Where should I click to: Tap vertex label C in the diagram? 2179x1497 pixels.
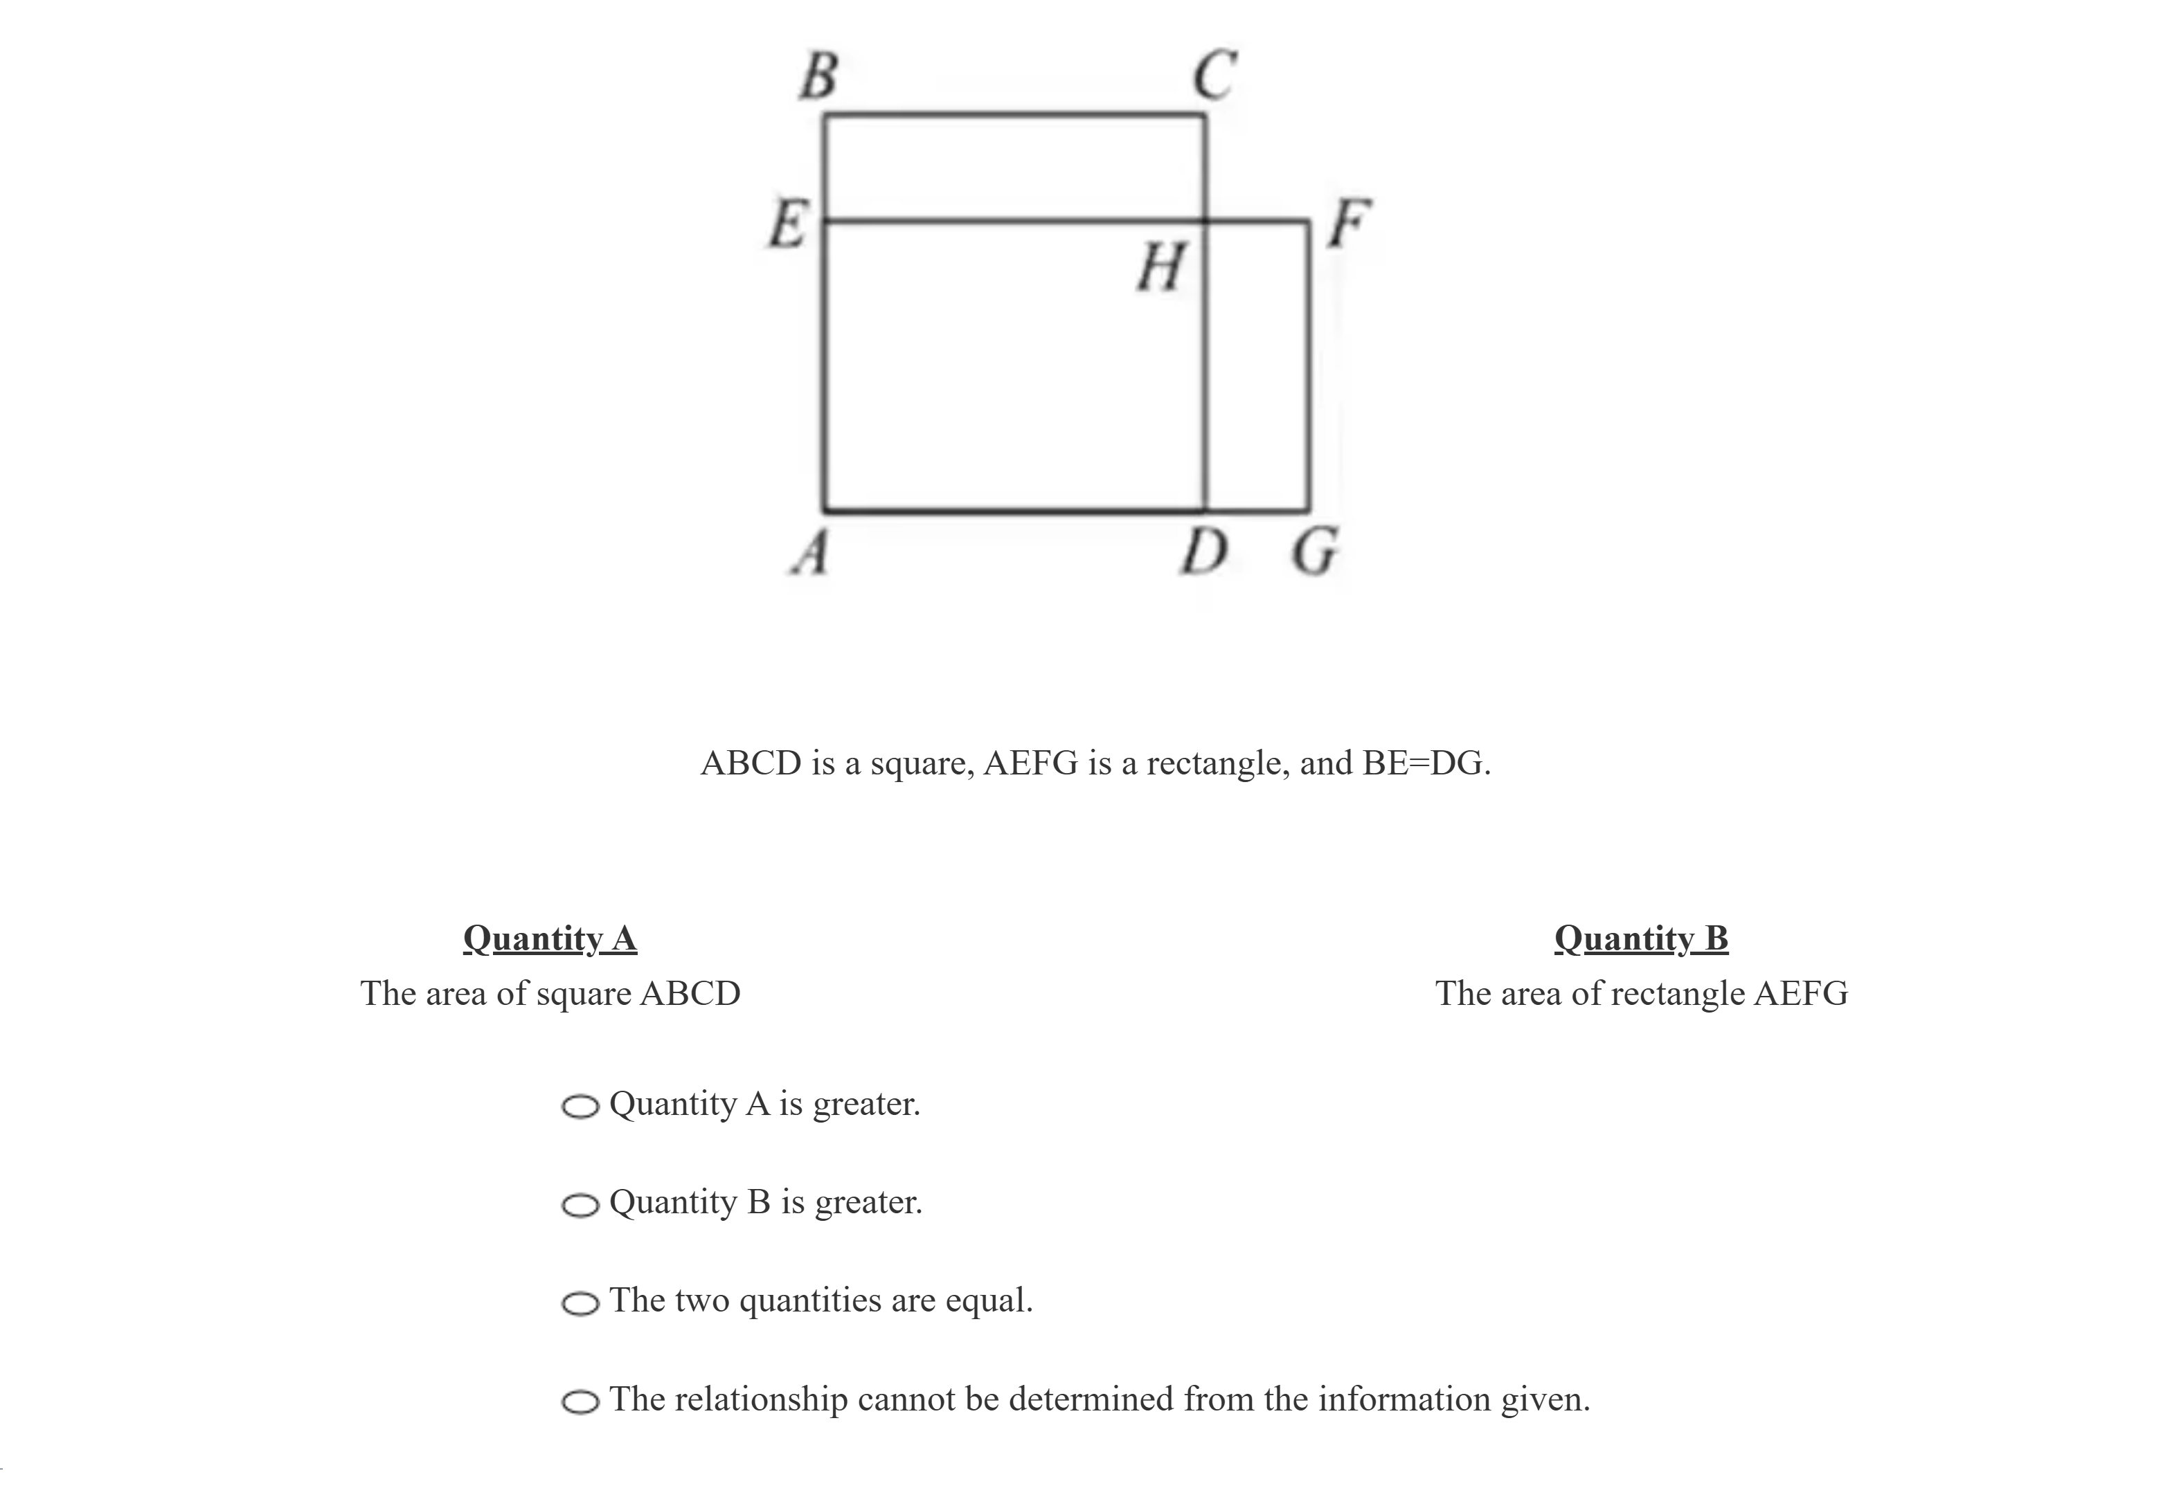click(1215, 75)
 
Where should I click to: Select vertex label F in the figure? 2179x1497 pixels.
click(1349, 224)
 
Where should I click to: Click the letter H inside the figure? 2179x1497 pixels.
click(1161, 266)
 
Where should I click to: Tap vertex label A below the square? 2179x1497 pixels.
click(811, 552)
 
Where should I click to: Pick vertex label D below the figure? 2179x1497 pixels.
click(1204, 552)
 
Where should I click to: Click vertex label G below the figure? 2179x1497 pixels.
click(1315, 552)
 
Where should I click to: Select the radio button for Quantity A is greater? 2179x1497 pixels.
click(580, 1107)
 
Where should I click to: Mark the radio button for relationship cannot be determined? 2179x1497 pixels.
click(580, 1402)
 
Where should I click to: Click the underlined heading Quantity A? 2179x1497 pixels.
click(550, 938)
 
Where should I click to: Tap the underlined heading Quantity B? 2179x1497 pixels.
click(1641, 938)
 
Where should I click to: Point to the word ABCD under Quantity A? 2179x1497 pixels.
click(690, 993)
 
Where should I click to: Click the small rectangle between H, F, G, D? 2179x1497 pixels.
click(1257, 366)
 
